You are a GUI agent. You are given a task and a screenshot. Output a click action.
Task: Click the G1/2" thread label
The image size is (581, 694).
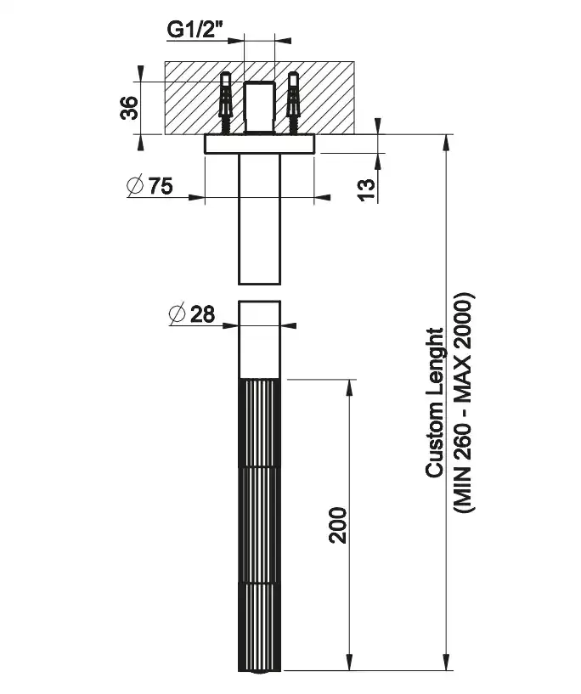pos(195,29)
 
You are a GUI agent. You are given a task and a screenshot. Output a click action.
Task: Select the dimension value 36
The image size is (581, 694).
pos(129,108)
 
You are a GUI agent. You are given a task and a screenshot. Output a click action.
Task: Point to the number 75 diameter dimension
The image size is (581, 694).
pos(161,186)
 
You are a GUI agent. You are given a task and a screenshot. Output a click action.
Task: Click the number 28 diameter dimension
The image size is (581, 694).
pos(202,313)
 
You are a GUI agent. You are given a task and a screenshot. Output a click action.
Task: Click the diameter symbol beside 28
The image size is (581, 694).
pos(178,313)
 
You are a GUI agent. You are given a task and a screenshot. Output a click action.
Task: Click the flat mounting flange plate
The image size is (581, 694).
pos(260,144)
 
